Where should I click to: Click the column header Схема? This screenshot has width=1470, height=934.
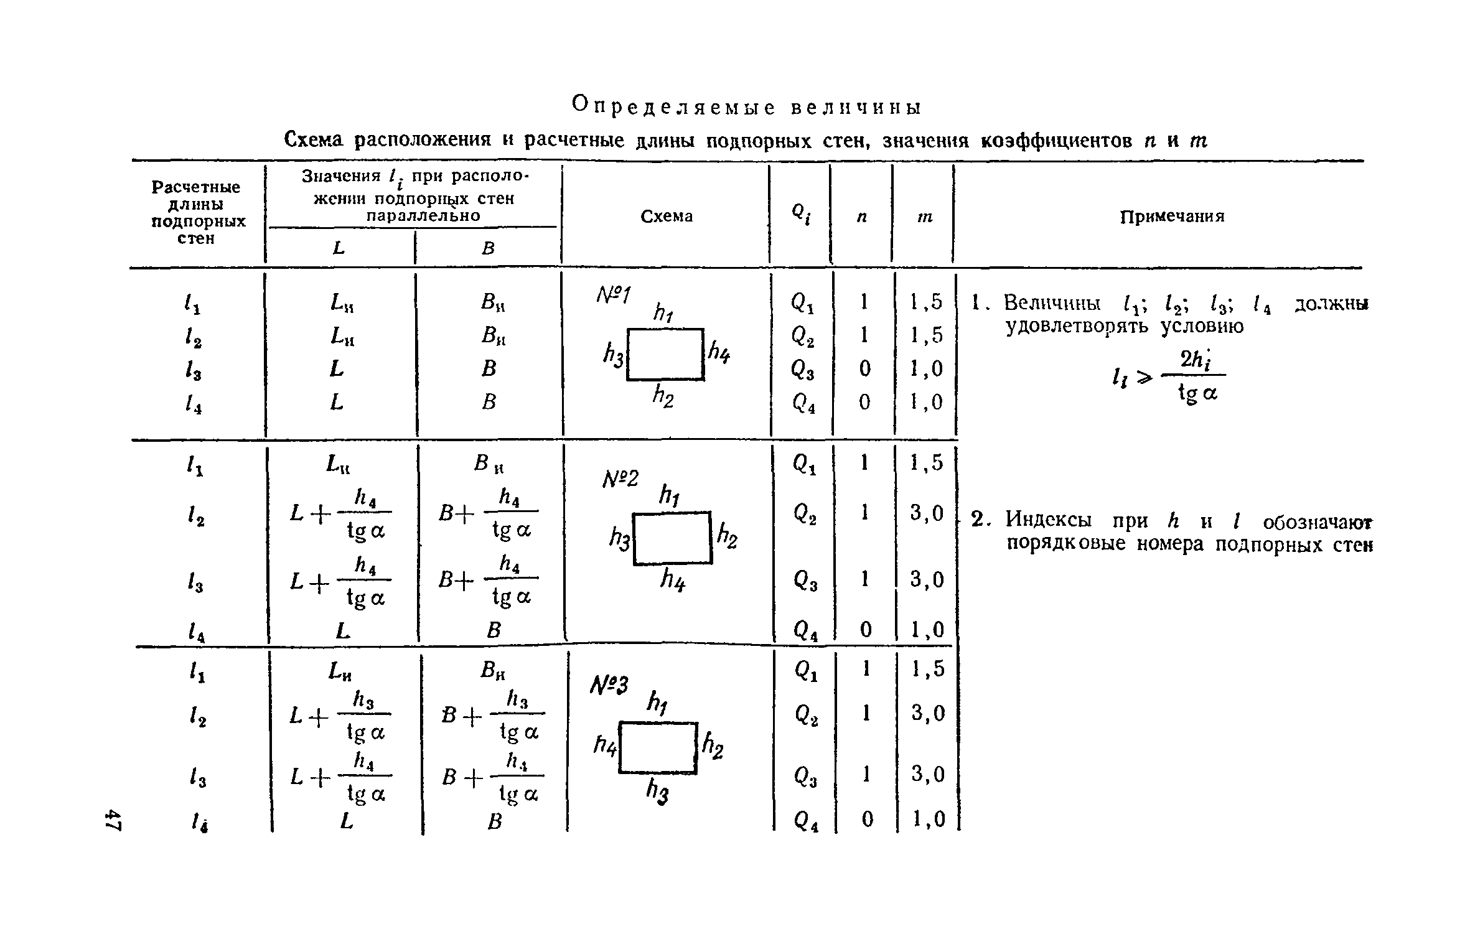(x=666, y=216)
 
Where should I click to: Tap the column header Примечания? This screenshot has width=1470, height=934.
(x=1172, y=216)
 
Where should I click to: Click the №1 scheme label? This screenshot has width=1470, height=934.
(x=614, y=294)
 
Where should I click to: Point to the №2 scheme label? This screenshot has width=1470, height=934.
(x=620, y=479)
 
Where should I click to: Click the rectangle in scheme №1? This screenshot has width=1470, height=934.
(x=665, y=354)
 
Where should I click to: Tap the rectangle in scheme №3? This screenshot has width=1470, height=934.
(x=658, y=748)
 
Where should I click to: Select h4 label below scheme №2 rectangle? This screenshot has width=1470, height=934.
(x=672, y=581)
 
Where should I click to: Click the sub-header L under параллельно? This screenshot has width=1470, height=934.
(x=339, y=248)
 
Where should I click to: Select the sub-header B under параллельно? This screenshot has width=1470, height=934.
(x=488, y=248)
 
